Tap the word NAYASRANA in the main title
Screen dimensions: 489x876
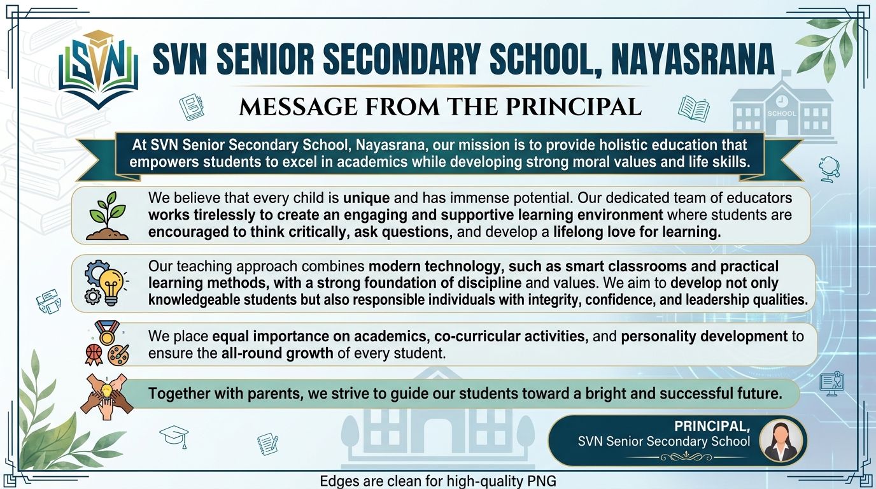pyautogui.click(x=693, y=60)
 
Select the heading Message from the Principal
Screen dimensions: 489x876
pyautogui.click(x=440, y=106)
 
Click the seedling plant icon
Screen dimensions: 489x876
pyautogui.click(x=107, y=216)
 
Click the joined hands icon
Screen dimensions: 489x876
pyautogui.click(x=106, y=392)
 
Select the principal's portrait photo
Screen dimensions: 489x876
pyautogui.click(x=781, y=441)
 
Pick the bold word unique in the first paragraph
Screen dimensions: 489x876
pyautogui.click(x=366, y=197)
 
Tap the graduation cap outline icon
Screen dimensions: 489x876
pyautogui.click(x=174, y=437)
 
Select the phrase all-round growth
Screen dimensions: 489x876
pyautogui.click(x=277, y=353)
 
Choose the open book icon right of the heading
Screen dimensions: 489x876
pyautogui.click(x=693, y=108)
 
